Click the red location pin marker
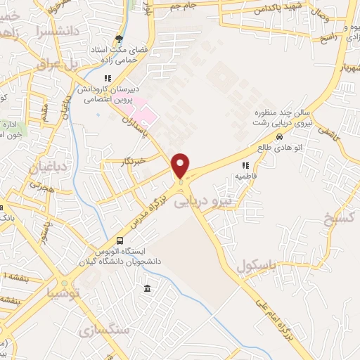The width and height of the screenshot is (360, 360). [x=181, y=166]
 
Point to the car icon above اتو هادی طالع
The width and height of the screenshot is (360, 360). [x=281, y=137]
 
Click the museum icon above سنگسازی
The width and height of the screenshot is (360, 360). [x=147, y=289]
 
